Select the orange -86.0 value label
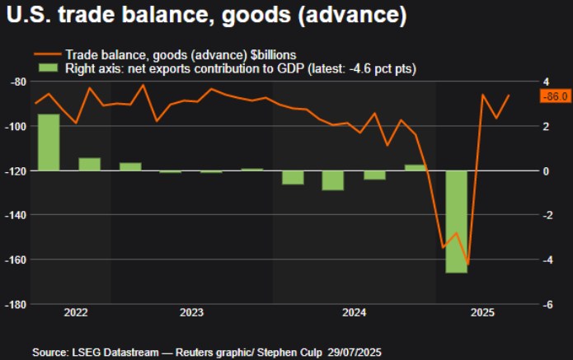pyautogui.click(x=553, y=96)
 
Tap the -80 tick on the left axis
pyautogui.click(x=16, y=82)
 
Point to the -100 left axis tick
pyautogui.click(x=15, y=126)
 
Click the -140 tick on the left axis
pyautogui.click(x=15, y=215)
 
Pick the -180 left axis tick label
pyautogui.click(x=15, y=304)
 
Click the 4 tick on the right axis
pyautogui.click(x=544, y=82)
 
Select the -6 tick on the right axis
pyautogui.click(x=546, y=304)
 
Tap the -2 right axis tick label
pyautogui.click(x=546, y=215)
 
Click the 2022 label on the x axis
pyautogui.click(x=75, y=313)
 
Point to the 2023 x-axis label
pyautogui.click(x=191, y=313)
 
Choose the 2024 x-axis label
pyautogui.click(x=355, y=313)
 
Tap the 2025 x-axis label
pyautogui.click(x=482, y=313)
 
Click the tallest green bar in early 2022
pyautogui.click(x=49, y=142)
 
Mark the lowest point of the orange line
pyautogui.click(x=468, y=264)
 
